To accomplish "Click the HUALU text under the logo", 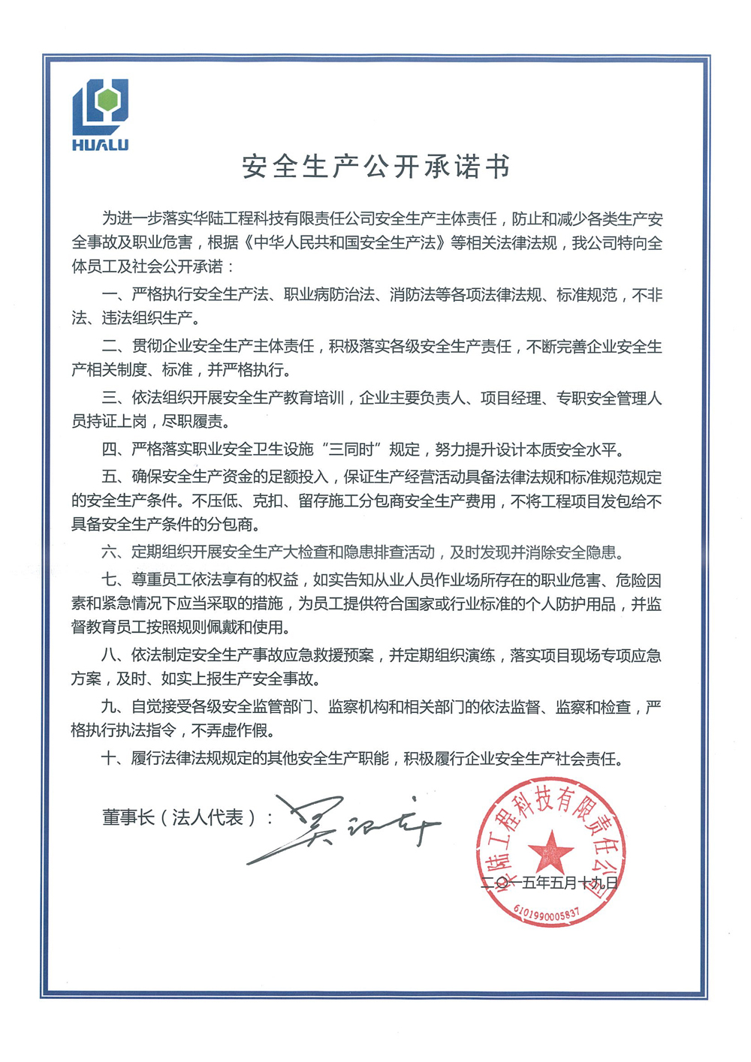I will [x=100, y=145].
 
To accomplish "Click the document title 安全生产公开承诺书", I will [x=375, y=167].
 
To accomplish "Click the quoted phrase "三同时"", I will [x=357, y=450].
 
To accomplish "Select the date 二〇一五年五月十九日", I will [x=549, y=883].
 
